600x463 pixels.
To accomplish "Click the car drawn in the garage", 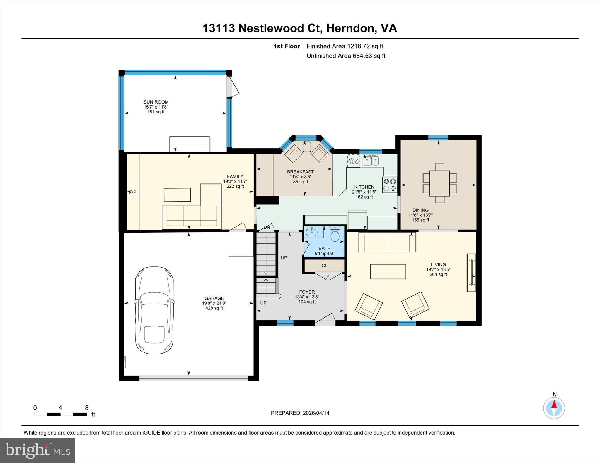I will [154, 310].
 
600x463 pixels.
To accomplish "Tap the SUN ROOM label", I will [156, 102].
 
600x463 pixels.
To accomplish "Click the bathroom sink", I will [311, 233].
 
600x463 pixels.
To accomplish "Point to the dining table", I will [439, 183].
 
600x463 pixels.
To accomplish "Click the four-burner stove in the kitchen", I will [390, 185].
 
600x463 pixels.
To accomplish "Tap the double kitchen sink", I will [370, 161].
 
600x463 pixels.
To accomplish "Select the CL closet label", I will [324, 266].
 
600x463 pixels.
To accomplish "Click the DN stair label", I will [267, 227].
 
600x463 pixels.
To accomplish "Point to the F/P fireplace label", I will [133, 192].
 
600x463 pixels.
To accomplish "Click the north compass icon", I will [554, 408].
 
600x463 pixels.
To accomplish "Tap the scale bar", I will [60, 414].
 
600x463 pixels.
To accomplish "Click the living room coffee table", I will [388, 271].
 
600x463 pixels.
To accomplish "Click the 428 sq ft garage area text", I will [214, 308].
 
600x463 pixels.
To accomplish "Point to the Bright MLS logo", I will [38, 450].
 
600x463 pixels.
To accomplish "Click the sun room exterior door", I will [233, 87].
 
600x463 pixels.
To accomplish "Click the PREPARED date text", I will [300, 413].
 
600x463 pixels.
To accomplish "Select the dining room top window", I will [438, 137].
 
